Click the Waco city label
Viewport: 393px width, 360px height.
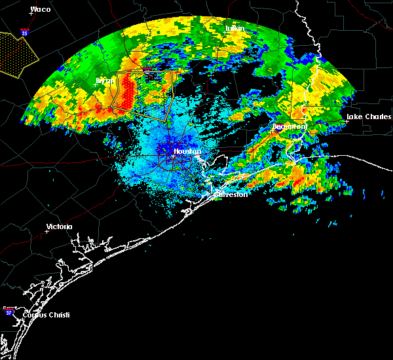pyautogui.click(x=41, y=10)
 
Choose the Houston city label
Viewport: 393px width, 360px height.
pyautogui.click(x=187, y=152)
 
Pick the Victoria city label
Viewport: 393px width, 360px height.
pyautogui.click(x=59, y=227)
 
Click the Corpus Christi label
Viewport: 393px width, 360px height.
pyautogui.click(x=47, y=315)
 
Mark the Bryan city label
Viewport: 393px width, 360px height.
pyautogui.click(x=105, y=81)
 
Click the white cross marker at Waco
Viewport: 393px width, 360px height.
pyautogui.click(x=31, y=14)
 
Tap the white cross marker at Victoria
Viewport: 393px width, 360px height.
pyautogui.click(x=47, y=231)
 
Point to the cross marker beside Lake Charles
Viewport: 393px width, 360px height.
pyautogui.click(x=348, y=120)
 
